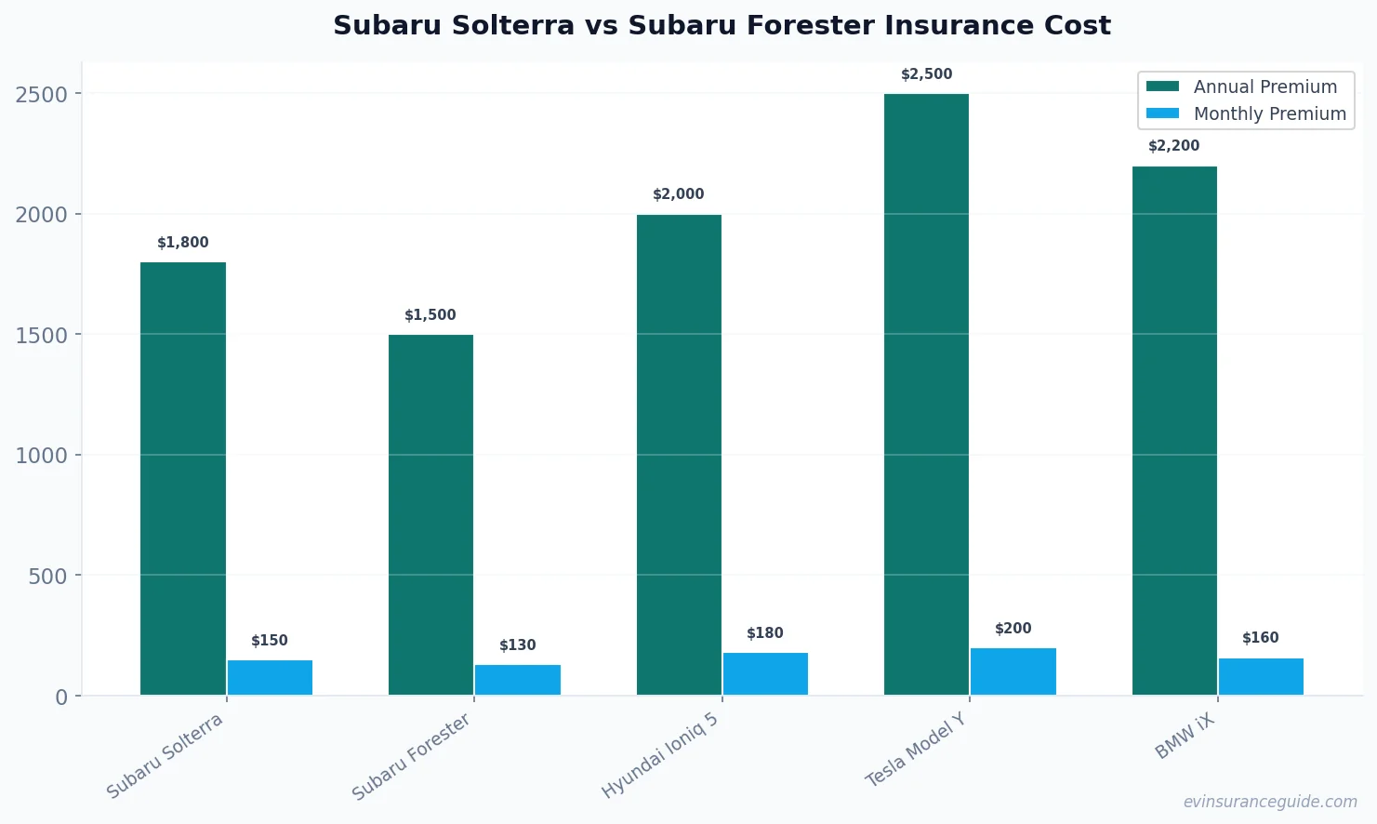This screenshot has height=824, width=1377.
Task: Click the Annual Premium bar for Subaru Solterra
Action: point(183,478)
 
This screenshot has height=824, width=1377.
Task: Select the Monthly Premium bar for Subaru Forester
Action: point(518,680)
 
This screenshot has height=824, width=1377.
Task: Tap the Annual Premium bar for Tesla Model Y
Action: point(926,394)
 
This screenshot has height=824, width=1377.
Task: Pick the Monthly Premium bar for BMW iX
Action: point(1261,677)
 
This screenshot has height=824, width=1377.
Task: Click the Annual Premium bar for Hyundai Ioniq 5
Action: point(679,455)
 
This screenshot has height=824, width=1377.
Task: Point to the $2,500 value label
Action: point(926,74)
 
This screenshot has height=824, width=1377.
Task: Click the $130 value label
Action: point(518,645)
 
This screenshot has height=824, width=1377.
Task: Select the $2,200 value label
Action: point(1173,146)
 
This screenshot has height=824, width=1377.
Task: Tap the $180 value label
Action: point(765,633)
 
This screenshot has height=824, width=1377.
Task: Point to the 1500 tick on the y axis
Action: point(42,335)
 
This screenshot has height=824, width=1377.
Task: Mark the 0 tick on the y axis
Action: point(61,697)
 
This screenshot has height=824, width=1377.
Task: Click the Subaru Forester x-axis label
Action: point(412,756)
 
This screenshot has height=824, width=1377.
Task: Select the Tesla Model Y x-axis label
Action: point(916,750)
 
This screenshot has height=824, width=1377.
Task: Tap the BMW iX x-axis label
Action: point(1185,737)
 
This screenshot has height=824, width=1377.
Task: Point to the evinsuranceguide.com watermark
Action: point(1270,802)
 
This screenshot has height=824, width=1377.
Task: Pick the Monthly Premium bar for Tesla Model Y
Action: point(1013,671)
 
